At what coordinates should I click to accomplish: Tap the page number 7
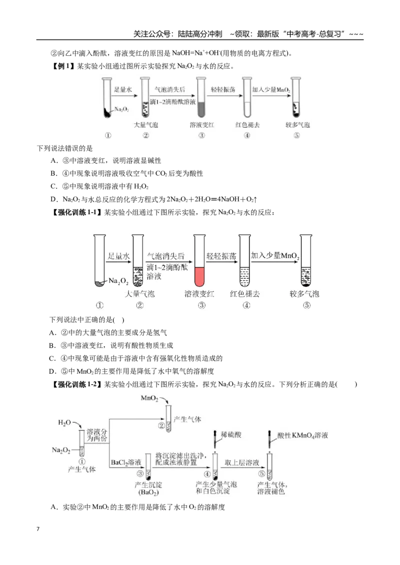coord(38,529)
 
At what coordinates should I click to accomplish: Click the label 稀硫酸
coord(230,435)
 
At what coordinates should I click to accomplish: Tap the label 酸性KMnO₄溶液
coord(302,435)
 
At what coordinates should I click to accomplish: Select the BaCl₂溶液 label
coord(125,462)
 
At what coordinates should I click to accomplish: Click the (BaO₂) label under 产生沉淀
coord(148,492)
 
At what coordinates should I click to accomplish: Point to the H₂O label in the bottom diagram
coord(64,422)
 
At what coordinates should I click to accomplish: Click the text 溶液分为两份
coord(97,435)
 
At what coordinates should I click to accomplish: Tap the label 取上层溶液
coord(241,462)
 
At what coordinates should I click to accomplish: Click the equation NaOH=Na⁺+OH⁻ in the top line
coord(196,53)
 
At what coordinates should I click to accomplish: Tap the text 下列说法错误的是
coord(64,148)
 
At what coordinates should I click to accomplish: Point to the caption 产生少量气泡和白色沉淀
coord(216,488)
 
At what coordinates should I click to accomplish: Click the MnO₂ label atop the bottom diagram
coord(149,398)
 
